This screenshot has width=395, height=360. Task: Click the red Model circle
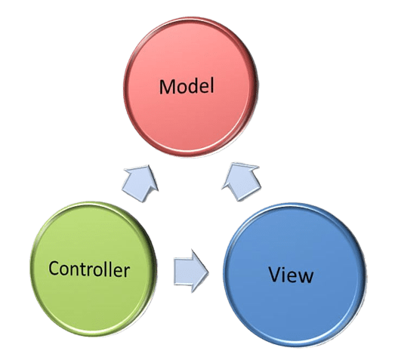pyautogui.click(x=190, y=87)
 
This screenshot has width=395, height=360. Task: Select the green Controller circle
pyautogui.click(x=94, y=269)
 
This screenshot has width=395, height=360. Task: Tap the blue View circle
pyautogui.click(x=295, y=275)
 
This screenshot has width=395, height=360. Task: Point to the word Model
pyautogui.click(x=187, y=87)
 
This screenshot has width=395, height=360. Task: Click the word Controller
pyautogui.click(x=89, y=269)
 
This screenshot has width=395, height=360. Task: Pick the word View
pyautogui.click(x=292, y=275)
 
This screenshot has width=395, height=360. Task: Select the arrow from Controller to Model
pyautogui.click(x=140, y=183)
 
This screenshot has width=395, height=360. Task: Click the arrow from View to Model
pyautogui.click(x=241, y=182)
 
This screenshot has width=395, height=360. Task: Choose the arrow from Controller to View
pyautogui.click(x=191, y=272)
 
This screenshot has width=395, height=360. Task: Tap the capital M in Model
pyautogui.click(x=168, y=87)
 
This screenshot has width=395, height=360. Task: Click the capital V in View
pyautogui.click(x=275, y=274)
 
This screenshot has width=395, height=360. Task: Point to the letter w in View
pyautogui.click(x=306, y=276)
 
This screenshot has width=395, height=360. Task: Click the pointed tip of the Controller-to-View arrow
pyautogui.click(x=209, y=272)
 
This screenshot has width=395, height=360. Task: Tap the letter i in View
pyautogui.click(x=285, y=275)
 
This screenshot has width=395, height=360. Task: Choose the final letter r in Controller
pyautogui.click(x=127, y=272)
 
